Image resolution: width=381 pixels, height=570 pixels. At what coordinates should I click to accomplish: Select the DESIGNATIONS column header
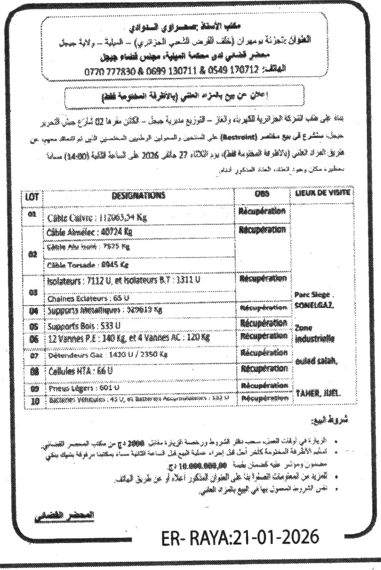coord(138,195)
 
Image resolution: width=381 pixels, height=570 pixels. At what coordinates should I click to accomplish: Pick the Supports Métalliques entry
coord(104,310)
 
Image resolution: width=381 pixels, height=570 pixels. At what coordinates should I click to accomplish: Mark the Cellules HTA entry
coord(81,371)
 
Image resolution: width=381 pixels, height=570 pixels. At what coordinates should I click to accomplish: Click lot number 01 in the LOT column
coord(32,214)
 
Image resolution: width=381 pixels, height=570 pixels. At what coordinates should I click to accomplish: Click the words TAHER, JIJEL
coord(318,393)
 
